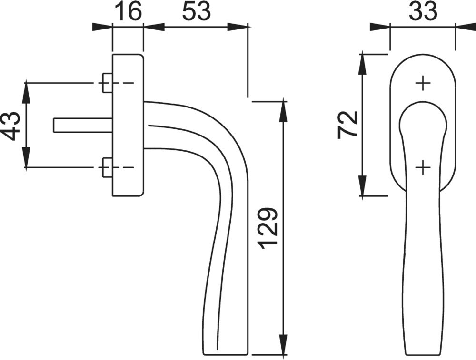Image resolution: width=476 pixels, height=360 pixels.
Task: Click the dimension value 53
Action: [x=197, y=11]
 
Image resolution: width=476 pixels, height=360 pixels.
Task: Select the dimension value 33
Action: [x=423, y=11]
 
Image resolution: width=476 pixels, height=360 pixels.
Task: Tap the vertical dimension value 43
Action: [x=12, y=126]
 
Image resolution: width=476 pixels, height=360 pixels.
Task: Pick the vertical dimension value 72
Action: [x=348, y=125]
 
